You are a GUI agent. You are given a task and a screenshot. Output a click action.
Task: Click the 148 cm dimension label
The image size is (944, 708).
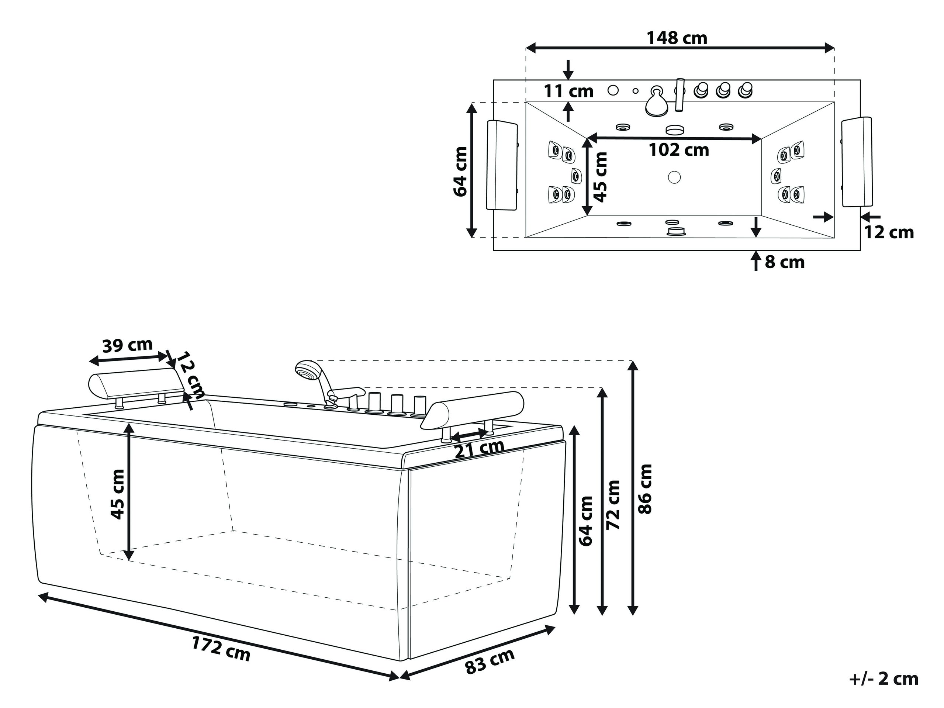click(x=677, y=38)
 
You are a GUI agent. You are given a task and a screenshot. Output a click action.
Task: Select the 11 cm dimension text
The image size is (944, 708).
click(x=568, y=91)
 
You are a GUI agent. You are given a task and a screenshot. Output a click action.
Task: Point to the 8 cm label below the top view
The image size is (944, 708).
click(x=784, y=262)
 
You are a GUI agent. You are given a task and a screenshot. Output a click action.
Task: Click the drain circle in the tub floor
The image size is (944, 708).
click(x=674, y=177)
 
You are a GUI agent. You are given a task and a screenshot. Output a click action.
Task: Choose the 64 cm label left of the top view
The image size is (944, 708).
click(x=460, y=171)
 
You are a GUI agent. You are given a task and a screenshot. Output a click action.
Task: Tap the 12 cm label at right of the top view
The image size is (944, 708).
click(x=889, y=232)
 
